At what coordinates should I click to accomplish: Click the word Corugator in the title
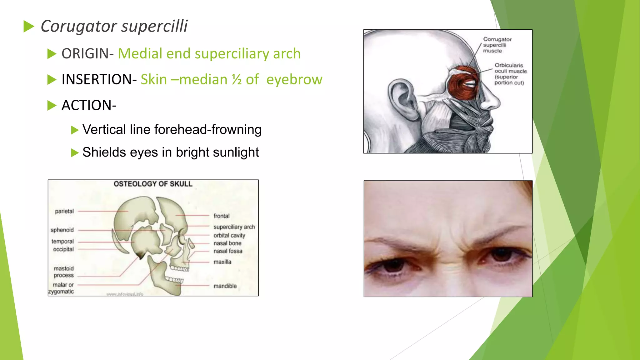(79, 26)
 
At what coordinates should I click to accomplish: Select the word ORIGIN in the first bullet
(85, 54)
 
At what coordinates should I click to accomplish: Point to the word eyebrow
(294, 80)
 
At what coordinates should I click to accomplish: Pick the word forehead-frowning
(208, 130)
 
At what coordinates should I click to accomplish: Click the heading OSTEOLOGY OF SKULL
(153, 184)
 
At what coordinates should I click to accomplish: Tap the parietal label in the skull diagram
(64, 212)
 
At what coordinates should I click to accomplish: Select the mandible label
(225, 286)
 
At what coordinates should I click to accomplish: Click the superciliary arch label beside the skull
(234, 227)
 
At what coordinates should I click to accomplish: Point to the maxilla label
(222, 262)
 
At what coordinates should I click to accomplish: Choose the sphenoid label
(62, 230)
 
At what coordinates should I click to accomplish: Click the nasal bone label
(227, 243)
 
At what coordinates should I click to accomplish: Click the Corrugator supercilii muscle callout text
(497, 45)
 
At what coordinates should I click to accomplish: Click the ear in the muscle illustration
(403, 97)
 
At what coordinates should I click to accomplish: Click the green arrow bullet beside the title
(29, 27)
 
